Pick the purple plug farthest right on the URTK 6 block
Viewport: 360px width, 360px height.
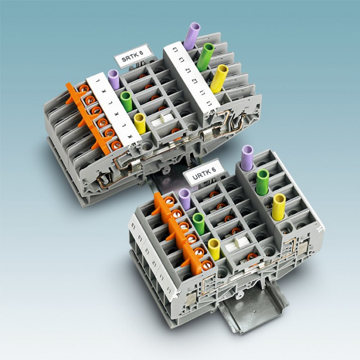[246, 158]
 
